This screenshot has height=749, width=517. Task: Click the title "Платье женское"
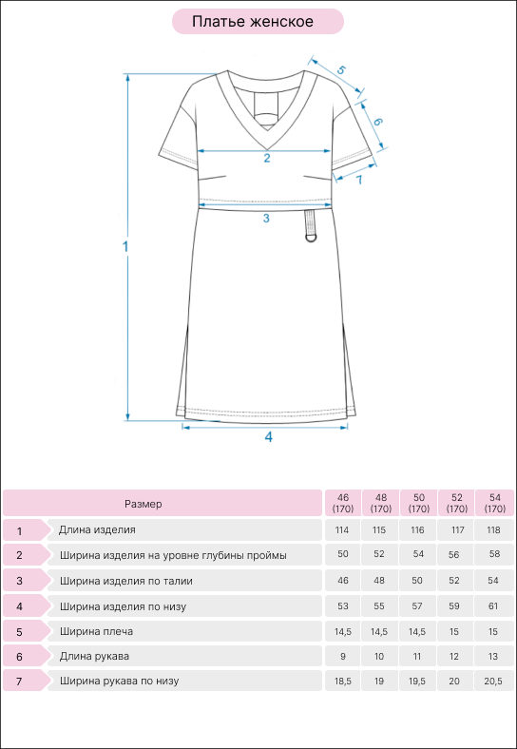(253, 22)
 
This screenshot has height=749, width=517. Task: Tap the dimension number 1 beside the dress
(125, 247)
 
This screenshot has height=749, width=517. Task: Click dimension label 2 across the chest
(267, 159)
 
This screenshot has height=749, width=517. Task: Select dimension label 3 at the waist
(266, 219)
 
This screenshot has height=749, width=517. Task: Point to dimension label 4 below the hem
(269, 436)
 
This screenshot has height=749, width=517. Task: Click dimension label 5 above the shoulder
(340, 69)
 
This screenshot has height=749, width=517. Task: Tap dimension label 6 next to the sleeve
(377, 122)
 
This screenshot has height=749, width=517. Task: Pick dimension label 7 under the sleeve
(358, 180)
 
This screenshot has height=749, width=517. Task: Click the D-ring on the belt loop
(313, 237)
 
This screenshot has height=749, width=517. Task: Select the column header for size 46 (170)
(342, 503)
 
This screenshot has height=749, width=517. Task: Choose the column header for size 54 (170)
(494, 503)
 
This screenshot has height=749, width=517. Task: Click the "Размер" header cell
(163, 503)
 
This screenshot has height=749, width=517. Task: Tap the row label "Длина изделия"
(98, 529)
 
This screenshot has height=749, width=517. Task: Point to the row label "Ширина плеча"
(97, 631)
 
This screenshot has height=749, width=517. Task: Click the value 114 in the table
(342, 530)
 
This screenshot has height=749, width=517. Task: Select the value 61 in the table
(493, 606)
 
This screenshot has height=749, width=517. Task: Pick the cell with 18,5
(342, 682)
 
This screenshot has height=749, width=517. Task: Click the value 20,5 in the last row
(493, 682)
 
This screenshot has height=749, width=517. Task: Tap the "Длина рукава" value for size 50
(417, 657)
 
